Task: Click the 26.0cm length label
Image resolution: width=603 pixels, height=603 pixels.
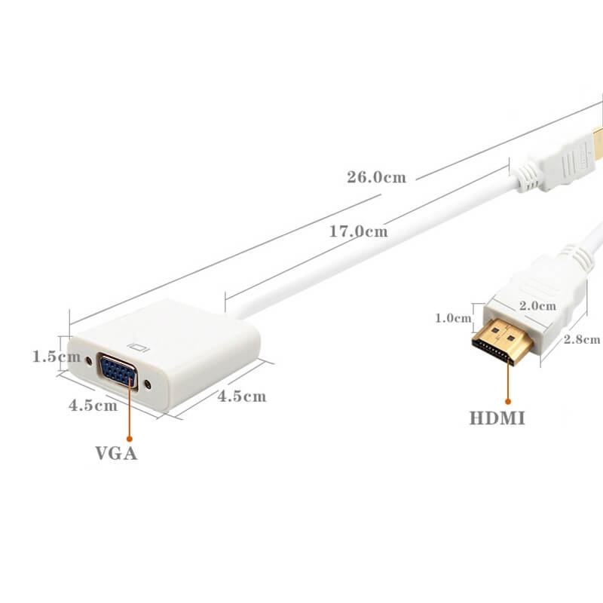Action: point(376,177)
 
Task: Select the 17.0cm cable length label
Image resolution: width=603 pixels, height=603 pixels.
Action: point(359,231)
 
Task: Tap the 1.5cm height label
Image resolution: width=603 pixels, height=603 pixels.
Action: point(57,357)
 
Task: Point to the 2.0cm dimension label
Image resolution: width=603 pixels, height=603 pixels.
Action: point(537,306)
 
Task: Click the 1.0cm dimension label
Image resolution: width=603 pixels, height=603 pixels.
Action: point(453,318)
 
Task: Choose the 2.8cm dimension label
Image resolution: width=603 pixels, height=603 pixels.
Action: point(582,339)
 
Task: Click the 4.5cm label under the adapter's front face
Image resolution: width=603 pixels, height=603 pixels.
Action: point(93,405)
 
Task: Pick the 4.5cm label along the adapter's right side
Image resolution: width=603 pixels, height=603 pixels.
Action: point(242,396)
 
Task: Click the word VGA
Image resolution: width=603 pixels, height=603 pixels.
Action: point(116,453)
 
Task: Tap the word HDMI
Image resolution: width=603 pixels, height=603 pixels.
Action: point(497,418)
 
